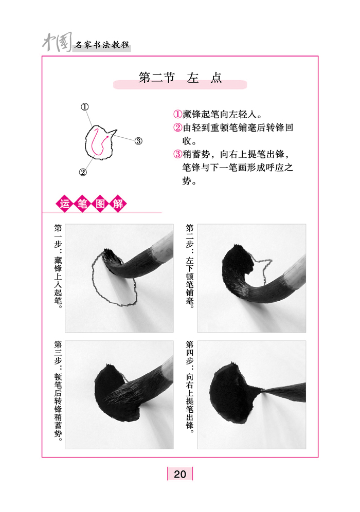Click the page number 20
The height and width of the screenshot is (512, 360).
[x=180, y=474]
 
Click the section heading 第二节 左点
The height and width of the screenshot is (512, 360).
[x=180, y=78]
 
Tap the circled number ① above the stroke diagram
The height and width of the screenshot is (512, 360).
[x=85, y=107]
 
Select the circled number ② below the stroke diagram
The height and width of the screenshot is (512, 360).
[x=83, y=172]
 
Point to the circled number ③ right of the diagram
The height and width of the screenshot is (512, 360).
[x=138, y=141]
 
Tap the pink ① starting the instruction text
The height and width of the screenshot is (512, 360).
[x=177, y=114]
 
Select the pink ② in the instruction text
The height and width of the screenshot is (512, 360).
[x=177, y=127]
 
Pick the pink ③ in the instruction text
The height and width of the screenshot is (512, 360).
[x=177, y=154]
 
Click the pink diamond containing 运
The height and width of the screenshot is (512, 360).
[x=65, y=204]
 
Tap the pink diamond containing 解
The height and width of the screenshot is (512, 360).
[x=118, y=204]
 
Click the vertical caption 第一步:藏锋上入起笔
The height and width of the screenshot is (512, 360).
[x=58, y=266]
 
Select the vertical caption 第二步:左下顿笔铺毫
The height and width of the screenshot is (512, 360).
[x=190, y=266]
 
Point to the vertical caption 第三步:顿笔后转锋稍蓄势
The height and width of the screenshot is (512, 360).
[x=58, y=391]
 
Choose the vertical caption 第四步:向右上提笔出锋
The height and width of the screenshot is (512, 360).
[x=190, y=387]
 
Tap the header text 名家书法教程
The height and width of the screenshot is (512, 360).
[x=102, y=45]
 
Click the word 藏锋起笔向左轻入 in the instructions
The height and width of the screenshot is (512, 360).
[x=219, y=114]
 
